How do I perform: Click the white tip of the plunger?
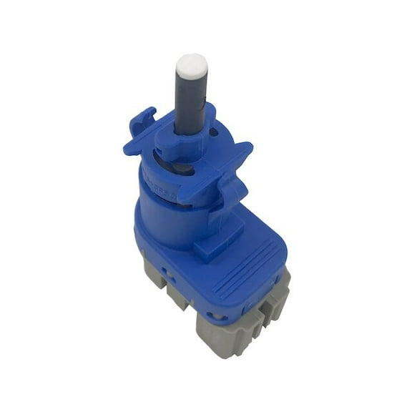pos(192,66)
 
